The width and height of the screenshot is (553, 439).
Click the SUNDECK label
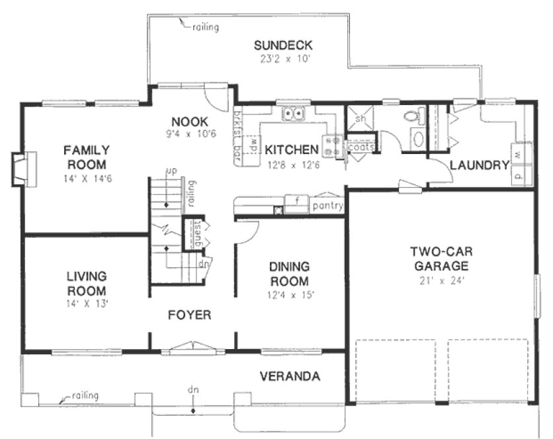pos(283,46)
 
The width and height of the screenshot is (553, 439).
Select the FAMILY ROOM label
pos(87,157)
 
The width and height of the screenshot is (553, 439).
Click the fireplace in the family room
pos(21,169)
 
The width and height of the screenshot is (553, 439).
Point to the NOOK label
pos(190,122)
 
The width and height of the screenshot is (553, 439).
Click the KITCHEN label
pos(292,150)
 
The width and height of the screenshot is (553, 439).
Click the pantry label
pos(327,206)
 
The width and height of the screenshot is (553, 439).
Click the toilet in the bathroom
pos(412,117)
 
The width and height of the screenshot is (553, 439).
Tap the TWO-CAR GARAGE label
pos(439,259)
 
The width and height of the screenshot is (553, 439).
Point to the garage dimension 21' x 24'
pos(439,280)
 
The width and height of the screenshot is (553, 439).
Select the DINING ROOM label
pos(290,274)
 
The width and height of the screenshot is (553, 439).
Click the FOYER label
pos(189,315)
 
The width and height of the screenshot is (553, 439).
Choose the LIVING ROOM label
pos(87,283)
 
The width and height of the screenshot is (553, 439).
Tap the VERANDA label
pos(290,377)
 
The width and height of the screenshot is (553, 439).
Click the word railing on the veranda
pos(85,396)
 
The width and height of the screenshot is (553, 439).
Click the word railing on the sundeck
pos(206,28)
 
